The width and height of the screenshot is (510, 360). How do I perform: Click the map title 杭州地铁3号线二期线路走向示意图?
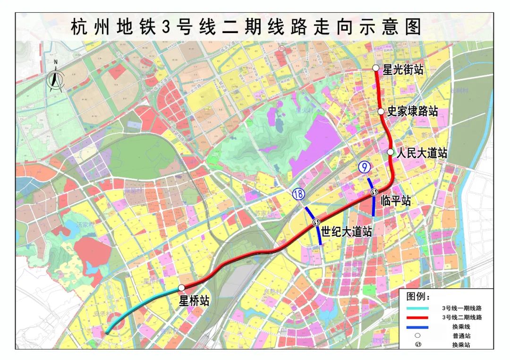246,27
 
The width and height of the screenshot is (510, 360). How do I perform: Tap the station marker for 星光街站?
376,68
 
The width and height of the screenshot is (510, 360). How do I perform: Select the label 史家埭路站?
412,111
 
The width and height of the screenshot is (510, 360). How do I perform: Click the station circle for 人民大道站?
391,152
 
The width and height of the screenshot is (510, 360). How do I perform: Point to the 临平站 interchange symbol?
374,192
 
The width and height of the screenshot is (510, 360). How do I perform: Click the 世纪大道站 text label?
347,232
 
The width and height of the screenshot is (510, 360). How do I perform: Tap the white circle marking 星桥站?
181,287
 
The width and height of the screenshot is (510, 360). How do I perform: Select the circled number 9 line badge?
364,167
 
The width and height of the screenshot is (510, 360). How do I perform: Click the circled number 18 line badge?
298,194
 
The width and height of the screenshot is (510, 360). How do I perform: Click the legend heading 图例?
418,297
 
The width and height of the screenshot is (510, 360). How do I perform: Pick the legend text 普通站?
461,336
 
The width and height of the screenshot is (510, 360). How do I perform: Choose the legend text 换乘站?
461,345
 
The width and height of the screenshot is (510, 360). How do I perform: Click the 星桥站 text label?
194,301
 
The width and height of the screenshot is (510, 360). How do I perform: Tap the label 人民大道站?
422,154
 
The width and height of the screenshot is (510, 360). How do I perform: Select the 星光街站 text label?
403,69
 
